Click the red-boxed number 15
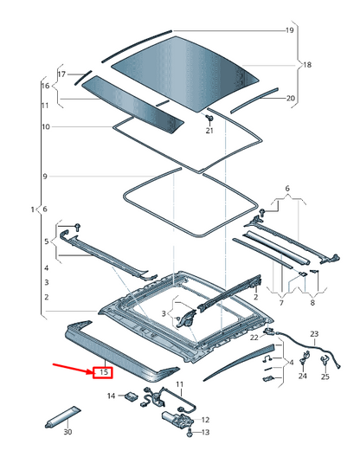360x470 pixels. point(103,373)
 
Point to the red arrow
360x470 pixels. point(73,369)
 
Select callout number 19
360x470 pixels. point(290,30)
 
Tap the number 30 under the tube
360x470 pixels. point(67,432)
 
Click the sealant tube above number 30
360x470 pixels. point(63,417)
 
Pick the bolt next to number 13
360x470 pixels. point(189,433)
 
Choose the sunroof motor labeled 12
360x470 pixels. point(177,418)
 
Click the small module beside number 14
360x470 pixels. point(131,396)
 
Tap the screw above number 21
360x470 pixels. point(209,118)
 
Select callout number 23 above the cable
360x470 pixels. point(314,334)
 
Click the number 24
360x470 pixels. point(303,376)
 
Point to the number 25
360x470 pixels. point(325,377)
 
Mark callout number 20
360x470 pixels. point(291,98)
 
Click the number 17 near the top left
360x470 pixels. point(61,74)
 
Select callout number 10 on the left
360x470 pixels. point(46,126)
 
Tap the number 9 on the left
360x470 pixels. point(45,177)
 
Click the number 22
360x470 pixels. point(254,338)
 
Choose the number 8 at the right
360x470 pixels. point(312,303)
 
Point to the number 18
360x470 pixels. point(307,65)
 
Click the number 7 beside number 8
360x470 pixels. point(281,303)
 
